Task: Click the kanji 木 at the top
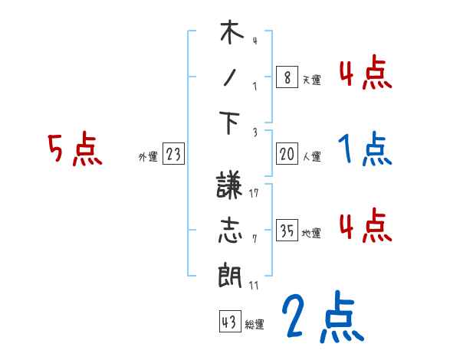[231, 34]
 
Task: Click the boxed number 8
[286, 77]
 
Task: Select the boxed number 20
[287, 155]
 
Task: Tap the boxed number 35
[287, 231]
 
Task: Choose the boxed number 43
[228, 322]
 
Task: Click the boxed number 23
[173, 155]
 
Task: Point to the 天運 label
[311, 80]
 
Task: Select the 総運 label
[254, 325]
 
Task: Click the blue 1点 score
[365, 150]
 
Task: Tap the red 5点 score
[74, 149]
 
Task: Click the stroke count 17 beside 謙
[254, 192]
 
